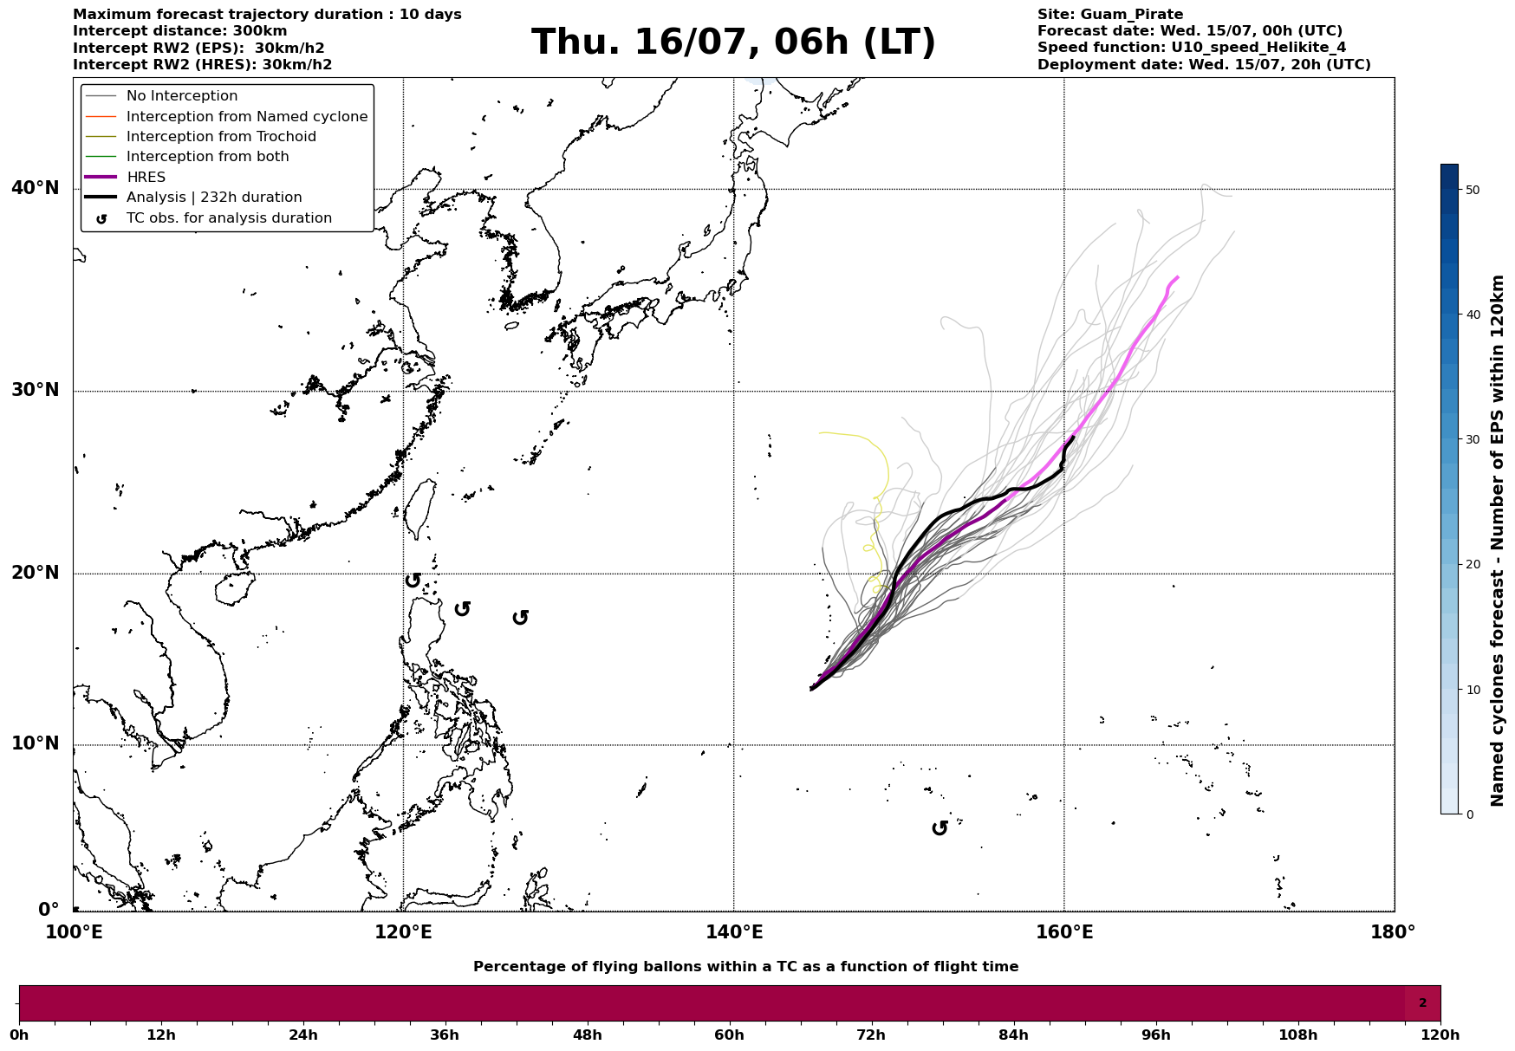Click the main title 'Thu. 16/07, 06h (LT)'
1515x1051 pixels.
click(x=733, y=42)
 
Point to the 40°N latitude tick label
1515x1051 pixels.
click(x=36, y=188)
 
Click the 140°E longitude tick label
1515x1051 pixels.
click(x=733, y=932)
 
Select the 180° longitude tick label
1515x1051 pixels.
click(x=1394, y=932)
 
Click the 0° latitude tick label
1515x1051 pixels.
click(x=49, y=910)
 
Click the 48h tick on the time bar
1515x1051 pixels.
click(x=587, y=1035)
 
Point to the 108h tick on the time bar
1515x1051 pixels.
click(x=1297, y=1035)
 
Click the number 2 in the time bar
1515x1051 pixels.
click(x=1422, y=1003)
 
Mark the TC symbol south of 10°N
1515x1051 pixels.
click(x=940, y=828)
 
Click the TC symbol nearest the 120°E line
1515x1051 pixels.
click(x=413, y=580)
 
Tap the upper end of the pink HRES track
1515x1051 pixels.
click(x=1177, y=277)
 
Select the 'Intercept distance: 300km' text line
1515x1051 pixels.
click(x=180, y=31)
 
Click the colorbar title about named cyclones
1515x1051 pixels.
click(x=1497, y=541)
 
